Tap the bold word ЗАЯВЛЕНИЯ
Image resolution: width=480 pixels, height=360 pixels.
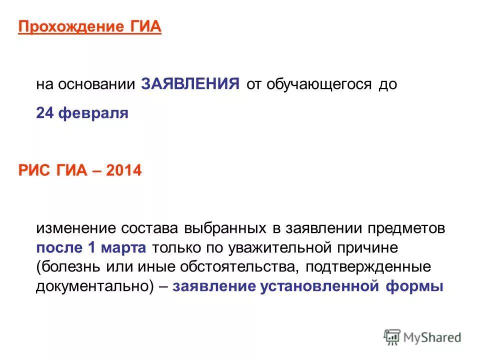pos(190,83)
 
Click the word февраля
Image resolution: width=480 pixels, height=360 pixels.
pos(93,113)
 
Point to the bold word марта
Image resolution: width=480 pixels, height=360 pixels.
pos(125,247)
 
